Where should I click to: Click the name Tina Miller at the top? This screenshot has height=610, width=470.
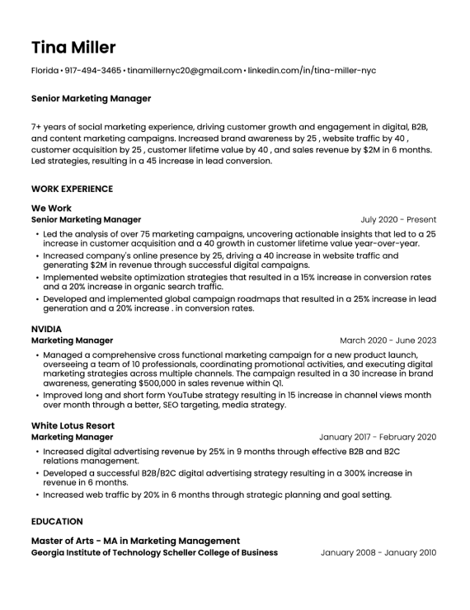point(73,47)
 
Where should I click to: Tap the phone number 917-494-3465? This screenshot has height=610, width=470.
point(92,71)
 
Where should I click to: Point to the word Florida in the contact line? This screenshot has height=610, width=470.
point(45,71)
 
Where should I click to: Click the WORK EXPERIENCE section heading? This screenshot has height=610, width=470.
point(72,189)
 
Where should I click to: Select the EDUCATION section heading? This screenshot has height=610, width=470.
point(57,521)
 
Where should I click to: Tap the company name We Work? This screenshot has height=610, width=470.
point(51,209)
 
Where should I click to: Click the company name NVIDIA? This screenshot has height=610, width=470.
point(46,329)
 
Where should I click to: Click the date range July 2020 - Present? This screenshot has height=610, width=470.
point(398,220)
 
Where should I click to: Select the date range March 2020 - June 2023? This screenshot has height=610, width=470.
point(388,340)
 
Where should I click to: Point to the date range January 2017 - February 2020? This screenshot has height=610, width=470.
point(378,437)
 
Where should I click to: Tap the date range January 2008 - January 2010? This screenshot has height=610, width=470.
point(378,552)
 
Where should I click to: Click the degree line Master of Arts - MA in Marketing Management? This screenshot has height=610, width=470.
point(135,541)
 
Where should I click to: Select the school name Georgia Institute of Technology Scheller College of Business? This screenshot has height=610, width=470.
point(154,552)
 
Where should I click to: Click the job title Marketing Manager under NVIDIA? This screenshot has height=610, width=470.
point(72,340)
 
